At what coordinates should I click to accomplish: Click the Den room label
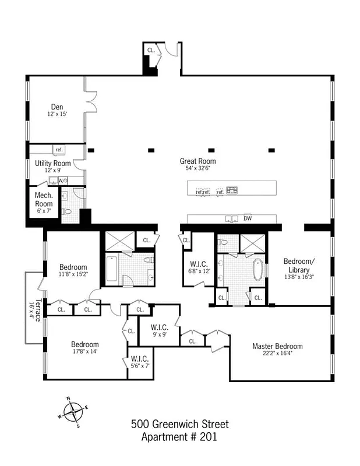[57, 107]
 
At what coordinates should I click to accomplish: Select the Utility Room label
[52, 163]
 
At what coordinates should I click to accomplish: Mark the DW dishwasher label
[248, 219]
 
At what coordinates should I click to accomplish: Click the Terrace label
[37, 310]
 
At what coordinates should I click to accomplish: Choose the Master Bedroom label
[277, 346]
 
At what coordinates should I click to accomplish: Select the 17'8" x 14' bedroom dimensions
[85, 351]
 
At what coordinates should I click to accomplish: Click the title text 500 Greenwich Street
[179, 424]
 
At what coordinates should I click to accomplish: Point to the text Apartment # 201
[179, 437]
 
